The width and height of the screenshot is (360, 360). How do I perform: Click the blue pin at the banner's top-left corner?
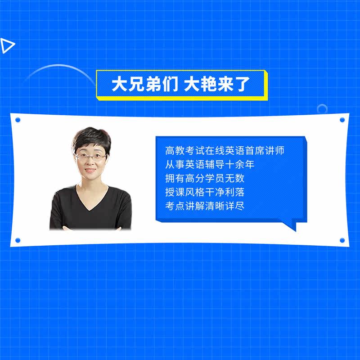click(18, 120)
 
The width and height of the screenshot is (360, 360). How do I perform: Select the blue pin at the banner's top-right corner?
click(342, 120)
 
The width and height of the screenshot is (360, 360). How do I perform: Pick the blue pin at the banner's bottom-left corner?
click(18, 240)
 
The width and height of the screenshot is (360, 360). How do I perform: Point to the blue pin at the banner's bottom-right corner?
click(342, 240)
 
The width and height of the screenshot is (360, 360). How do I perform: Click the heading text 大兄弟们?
click(145, 84)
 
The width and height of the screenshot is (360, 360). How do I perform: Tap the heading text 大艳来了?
click(217, 84)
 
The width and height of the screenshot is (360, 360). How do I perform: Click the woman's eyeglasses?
click(91, 157)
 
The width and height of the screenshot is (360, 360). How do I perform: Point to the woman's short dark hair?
click(92, 138)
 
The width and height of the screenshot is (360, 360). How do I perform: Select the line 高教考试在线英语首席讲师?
click(225, 150)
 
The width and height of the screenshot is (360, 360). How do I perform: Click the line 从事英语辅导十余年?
click(210, 164)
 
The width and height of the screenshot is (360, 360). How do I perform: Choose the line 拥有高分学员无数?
click(205, 178)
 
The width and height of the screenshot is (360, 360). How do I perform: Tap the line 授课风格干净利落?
click(205, 192)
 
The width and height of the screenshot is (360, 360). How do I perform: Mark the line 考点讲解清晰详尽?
click(205, 206)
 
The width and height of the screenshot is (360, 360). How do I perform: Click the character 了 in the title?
click(243, 84)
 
